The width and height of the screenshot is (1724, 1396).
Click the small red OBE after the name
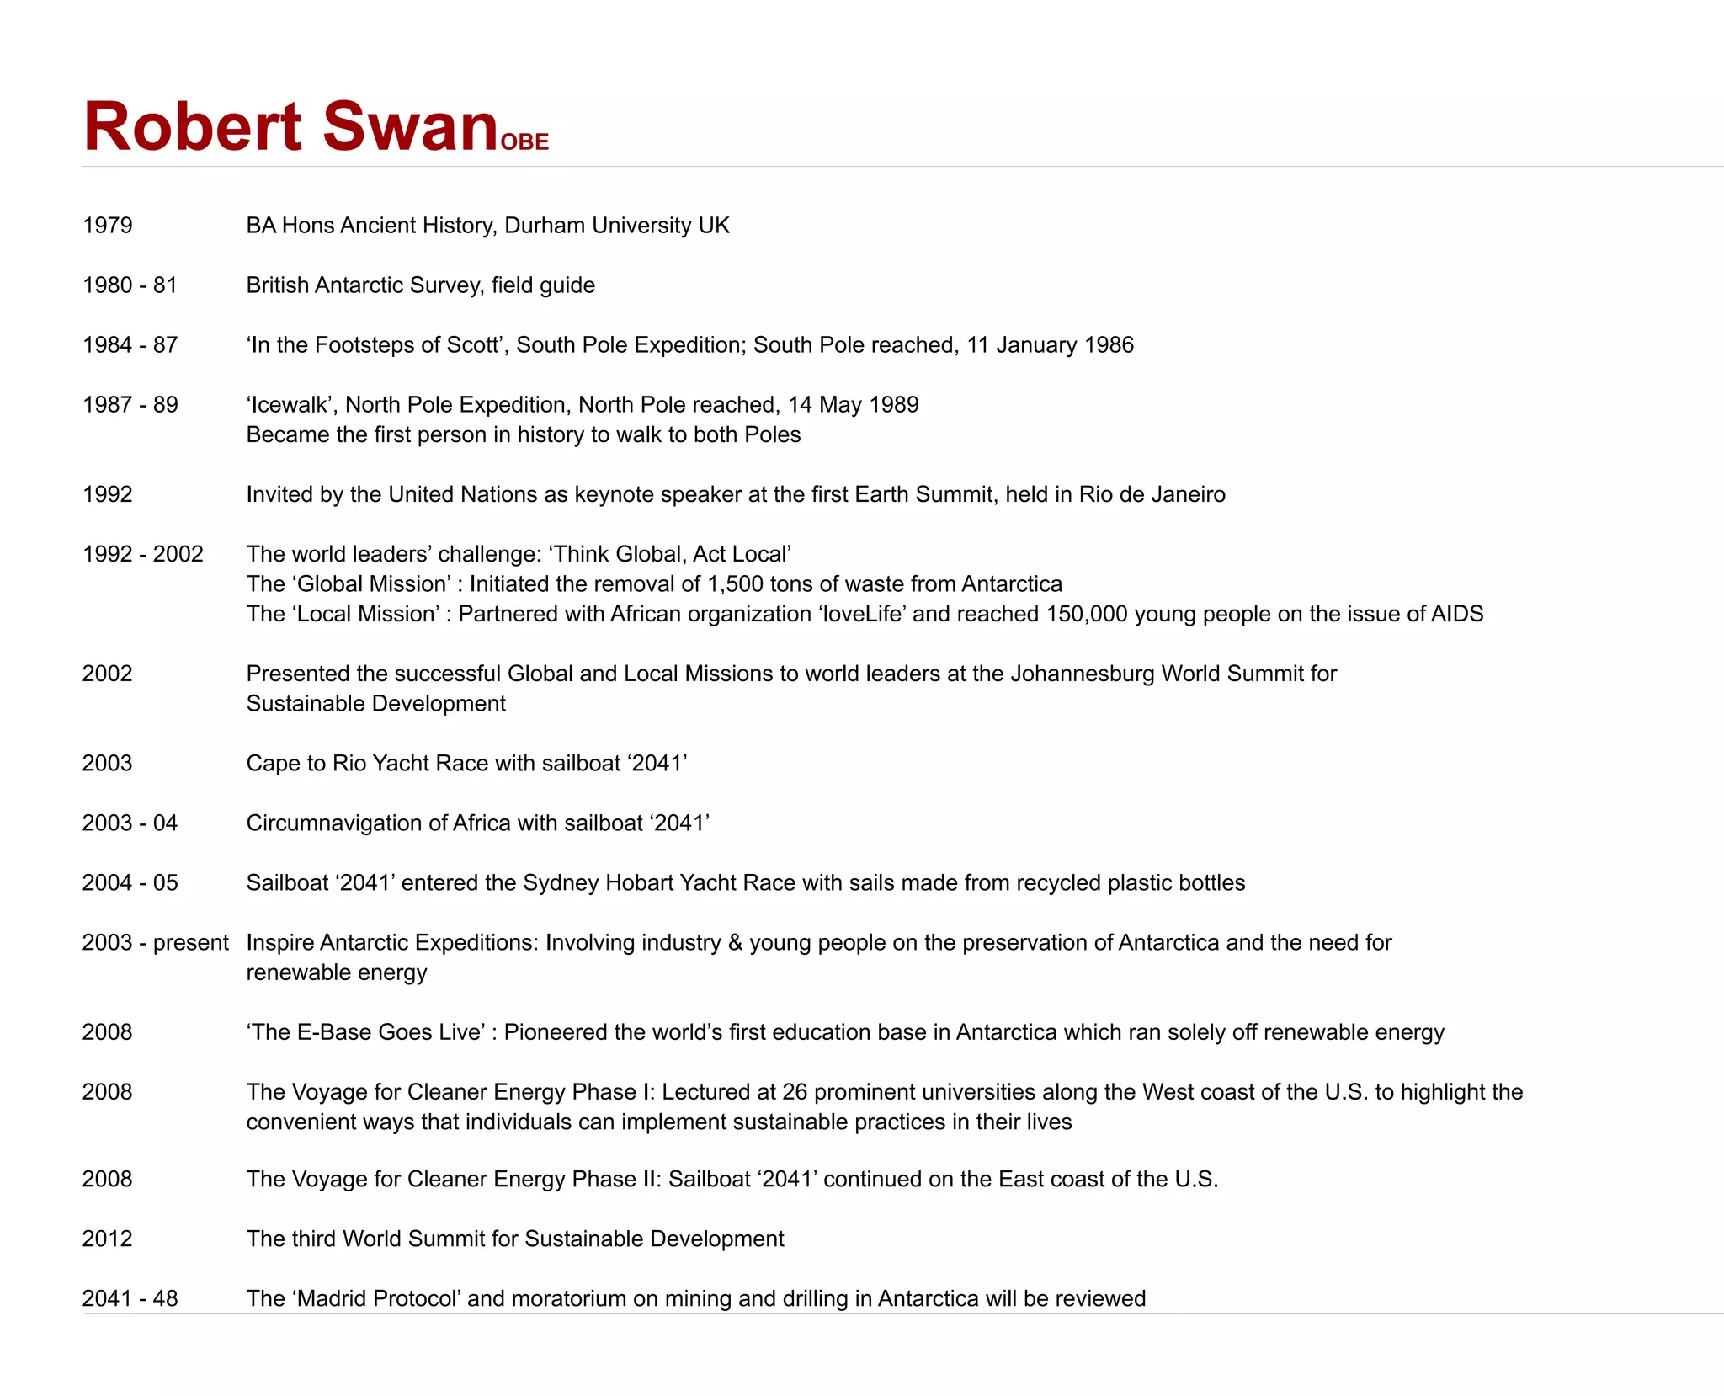(x=524, y=141)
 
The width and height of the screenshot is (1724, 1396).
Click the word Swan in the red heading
(x=410, y=126)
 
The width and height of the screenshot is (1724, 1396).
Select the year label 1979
(x=108, y=226)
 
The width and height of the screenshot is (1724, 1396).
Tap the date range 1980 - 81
(x=130, y=285)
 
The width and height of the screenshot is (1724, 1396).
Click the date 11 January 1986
(x=1050, y=345)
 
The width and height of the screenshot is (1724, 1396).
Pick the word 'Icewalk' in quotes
(x=290, y=405)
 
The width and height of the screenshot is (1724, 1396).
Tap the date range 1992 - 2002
(x=143, y=554)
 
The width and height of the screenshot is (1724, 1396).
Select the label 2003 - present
(x=155, y=942)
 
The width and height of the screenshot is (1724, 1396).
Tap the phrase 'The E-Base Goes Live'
(x=365, y=1032)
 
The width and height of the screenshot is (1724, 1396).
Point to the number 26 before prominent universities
(x=794, y=1092)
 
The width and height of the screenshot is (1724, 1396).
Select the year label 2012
(x=108, y=1239)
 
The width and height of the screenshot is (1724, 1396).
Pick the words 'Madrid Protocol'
(x=376, y=1298)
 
